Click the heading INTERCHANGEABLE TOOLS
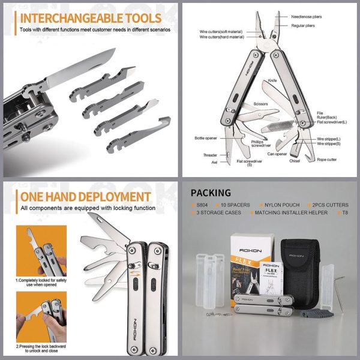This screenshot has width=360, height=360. click(90, 18)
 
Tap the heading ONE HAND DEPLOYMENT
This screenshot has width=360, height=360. click(85, 197)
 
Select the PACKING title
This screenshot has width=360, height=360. click(211, 193)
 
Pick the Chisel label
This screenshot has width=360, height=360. click(298, 160)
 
